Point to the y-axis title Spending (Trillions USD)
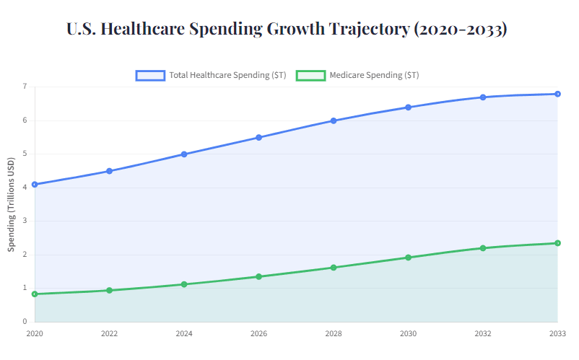[11, 204]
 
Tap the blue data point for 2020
[34, 185]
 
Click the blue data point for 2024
[184, 154]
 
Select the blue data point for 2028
[334, 120]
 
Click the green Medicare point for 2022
[109, 291]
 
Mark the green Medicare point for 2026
[258, 276]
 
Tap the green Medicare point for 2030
[408, 258]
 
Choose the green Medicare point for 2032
[483, 248]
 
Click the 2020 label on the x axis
[34, 334]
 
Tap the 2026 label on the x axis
[258, 334]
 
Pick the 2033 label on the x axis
[557, 334]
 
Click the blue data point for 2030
[408, 107]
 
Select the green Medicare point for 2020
[34, 294]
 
